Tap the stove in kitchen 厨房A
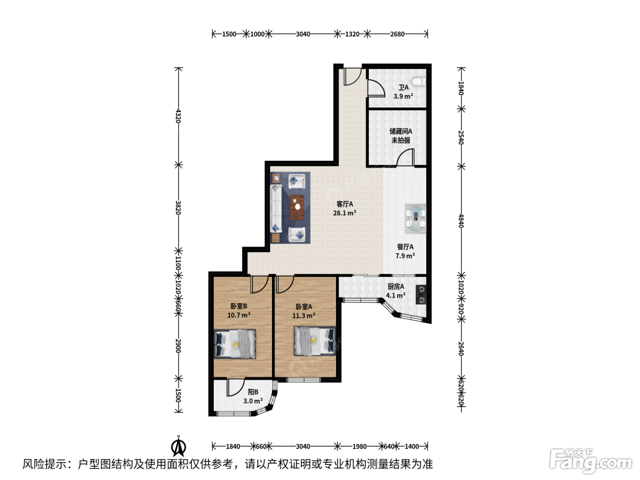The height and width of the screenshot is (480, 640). [x=421, y=294]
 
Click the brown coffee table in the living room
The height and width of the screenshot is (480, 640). [x=297, y=208]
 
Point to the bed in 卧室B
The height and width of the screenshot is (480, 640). [x=235, y=344]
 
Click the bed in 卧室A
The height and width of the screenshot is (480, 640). [x=315, y=341]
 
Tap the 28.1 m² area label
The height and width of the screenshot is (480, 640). [x=344, y=213]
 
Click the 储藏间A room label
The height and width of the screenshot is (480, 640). [x=400, y=132]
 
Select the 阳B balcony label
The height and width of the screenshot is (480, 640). [x=253, y=392]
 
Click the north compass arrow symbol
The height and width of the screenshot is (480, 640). [x=179, y=447]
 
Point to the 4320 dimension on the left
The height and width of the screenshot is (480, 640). [x=178, y=116]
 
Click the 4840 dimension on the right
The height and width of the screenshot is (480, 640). [x=461, y=221]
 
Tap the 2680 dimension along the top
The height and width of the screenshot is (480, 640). [x=397, y=34]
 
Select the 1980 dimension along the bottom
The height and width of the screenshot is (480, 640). [x=359, y=446]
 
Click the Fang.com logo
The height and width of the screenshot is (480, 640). [x=590, y=462]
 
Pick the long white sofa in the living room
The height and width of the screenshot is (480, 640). [x=276, y=208]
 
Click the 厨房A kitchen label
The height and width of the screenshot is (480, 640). [x=396, y=287]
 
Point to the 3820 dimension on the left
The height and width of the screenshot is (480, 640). [x=178, y=208]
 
